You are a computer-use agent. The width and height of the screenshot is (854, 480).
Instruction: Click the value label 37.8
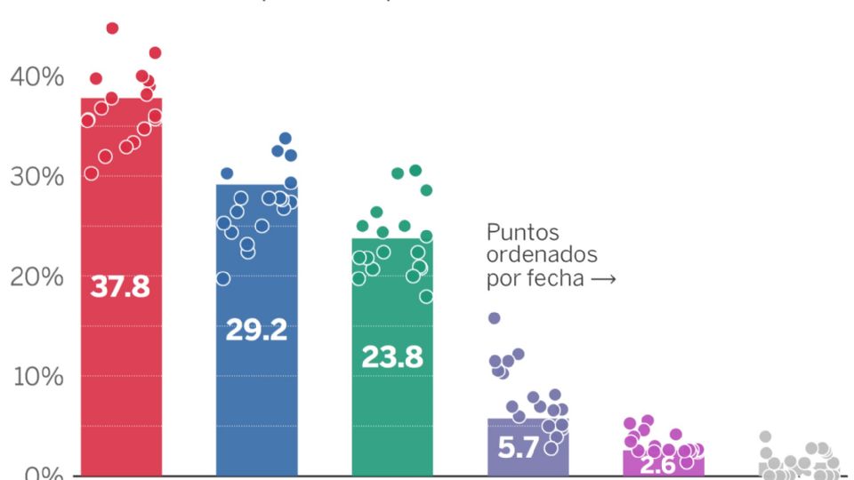120,287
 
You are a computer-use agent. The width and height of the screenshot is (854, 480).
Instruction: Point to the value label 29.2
256,330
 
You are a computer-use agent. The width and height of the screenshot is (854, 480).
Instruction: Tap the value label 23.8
391,356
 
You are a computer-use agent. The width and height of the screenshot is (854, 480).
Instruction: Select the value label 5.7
519,448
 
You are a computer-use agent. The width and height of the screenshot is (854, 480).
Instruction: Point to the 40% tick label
37,77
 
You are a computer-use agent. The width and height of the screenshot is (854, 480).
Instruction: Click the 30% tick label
37,177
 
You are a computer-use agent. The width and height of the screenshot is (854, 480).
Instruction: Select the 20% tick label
37,277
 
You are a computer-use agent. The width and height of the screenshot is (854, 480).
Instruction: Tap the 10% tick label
37,377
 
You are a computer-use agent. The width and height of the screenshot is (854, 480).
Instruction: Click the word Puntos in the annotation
523,233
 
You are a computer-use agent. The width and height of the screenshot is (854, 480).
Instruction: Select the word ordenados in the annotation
542,255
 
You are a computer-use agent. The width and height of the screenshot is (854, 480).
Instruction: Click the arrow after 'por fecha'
603,278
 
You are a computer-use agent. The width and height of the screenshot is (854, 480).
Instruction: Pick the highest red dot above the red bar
112,28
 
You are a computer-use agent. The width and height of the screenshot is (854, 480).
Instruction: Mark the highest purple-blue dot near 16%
495,318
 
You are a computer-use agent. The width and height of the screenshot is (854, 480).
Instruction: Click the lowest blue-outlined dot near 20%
223,279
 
